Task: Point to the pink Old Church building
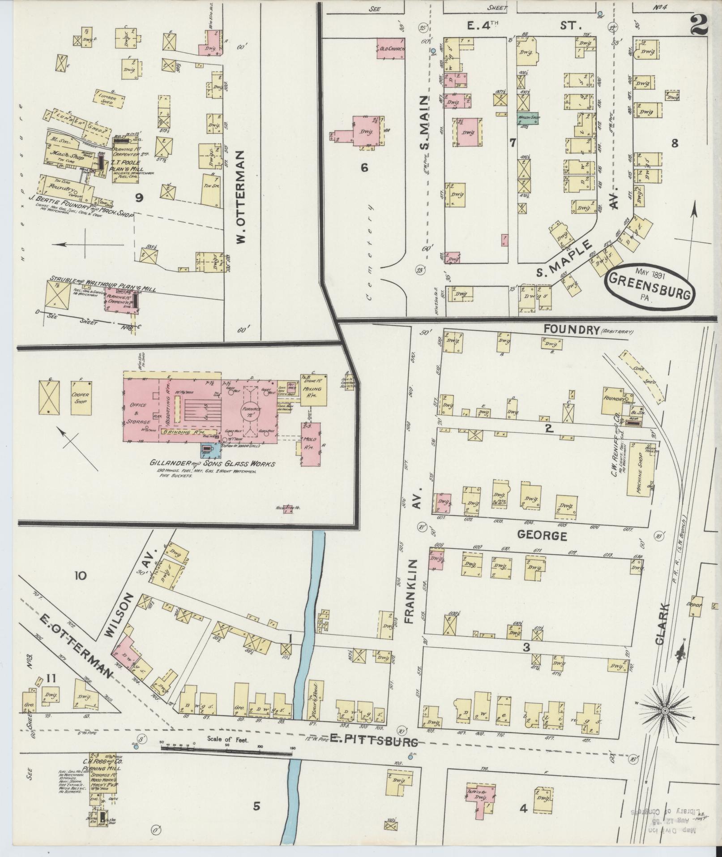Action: coord(391,48)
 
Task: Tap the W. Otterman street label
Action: coord(242,197)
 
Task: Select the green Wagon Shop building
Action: coord(528,118)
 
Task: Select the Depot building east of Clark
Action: coord(697,605)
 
